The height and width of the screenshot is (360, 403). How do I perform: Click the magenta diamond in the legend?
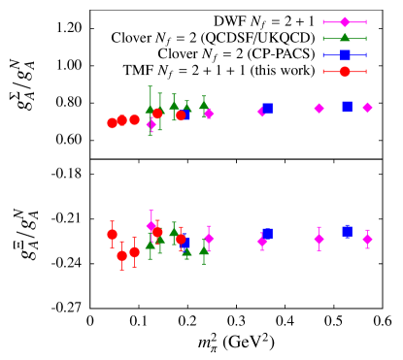tap(345, 22)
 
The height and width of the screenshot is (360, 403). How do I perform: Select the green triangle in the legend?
tap(345, 39)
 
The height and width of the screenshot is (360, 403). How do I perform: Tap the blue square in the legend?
tap(345, 55)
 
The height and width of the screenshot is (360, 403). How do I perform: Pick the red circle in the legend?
tap(345, 71)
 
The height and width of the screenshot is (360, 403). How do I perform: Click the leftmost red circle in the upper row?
tap(112, 123)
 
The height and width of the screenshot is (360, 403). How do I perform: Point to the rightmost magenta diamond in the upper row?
tap(367, 108)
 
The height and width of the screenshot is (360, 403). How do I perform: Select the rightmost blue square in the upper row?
tap(347, 107)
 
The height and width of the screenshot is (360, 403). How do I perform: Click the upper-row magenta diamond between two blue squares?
tap(319, 108)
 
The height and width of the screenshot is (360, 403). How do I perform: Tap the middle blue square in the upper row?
tap(267, 109)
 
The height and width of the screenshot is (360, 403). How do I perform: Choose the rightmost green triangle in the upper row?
tap(204, 105)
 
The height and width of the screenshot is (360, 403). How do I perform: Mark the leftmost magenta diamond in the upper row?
tap(151, 124)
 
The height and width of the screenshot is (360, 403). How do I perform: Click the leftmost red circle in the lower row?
tap(112, 234)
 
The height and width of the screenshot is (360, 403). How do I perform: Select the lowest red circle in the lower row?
tap(121, 256)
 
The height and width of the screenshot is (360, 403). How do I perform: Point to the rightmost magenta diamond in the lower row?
tap(367, 239)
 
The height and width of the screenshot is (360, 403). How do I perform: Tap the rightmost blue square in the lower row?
tap(347, 231)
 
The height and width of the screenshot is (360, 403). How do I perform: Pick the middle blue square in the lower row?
tap(267, 234)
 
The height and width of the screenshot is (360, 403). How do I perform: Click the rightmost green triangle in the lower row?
tap(204, 250)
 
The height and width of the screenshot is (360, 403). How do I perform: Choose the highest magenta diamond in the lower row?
tap(151, 226)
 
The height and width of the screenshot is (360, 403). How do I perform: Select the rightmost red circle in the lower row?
tap(181, 239)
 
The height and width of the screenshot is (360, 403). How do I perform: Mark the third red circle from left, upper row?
tap(134, 119)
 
